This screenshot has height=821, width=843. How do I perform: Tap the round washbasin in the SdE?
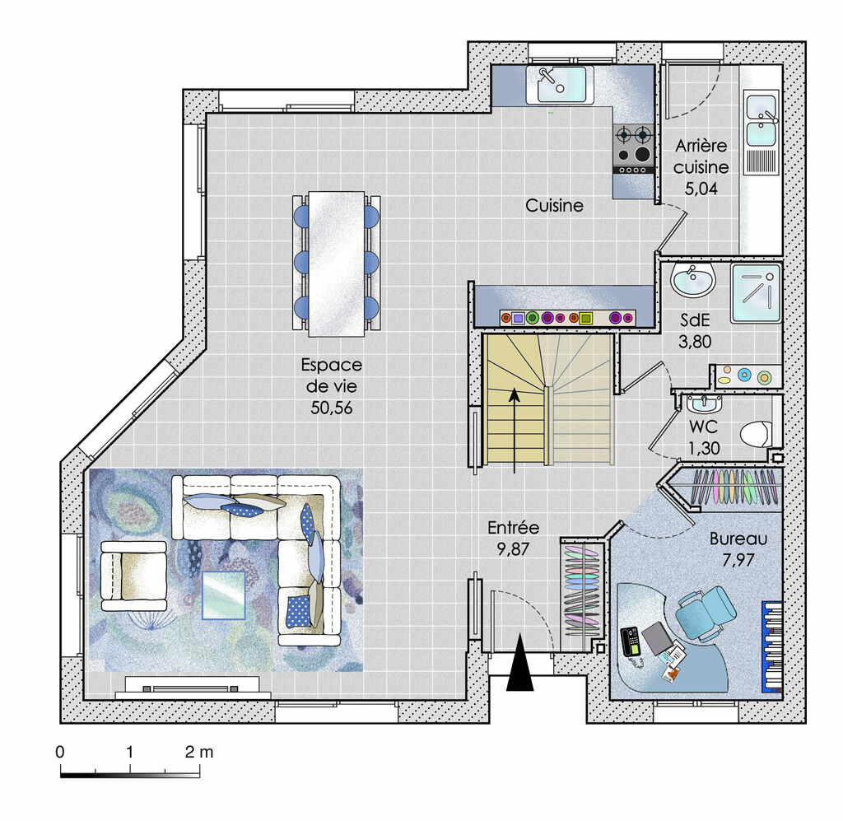point(692,280)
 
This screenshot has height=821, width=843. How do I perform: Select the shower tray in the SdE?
point(756,293)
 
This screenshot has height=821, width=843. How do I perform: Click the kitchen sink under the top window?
point(560,85)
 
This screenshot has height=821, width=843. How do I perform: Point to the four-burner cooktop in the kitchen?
point(634,149)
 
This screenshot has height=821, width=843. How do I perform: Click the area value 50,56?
point(331,408)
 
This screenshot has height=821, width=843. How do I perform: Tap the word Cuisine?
point(554,205)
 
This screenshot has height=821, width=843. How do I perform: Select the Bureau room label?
point(738,539)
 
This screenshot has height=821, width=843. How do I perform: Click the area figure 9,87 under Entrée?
point(513,549)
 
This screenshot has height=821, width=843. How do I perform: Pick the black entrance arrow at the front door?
point(520,662)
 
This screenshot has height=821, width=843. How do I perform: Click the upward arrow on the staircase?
point(515,431)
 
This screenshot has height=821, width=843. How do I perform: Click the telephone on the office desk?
point(631,641)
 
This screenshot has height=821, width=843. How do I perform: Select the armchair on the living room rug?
point(133,576)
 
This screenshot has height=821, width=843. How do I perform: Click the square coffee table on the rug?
point(224,595)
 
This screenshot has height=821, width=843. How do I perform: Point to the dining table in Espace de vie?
point(337,264)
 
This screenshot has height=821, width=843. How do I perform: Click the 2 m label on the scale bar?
point(199,752)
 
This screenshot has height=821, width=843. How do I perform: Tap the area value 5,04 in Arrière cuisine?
point(701,189)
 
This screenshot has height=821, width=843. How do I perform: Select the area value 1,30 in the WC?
point(704,448)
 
